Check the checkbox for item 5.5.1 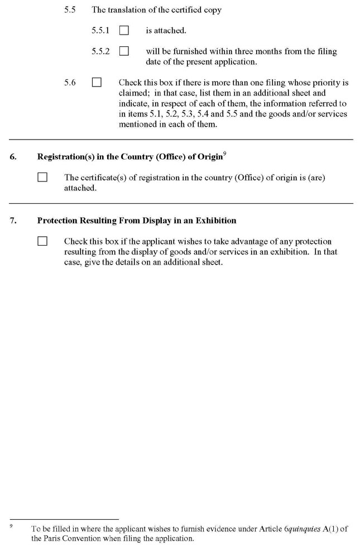(124, 30)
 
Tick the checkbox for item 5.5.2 (124, 51)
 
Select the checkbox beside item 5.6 (97, 82)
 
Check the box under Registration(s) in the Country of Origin (42, 178)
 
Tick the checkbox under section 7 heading (42, 241)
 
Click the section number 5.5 (70, 10)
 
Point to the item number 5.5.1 (101, 30)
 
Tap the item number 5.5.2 (101, 51)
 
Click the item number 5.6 (70, 82)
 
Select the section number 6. (12, 157)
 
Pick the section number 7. (12, 221)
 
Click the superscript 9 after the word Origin (224, 154)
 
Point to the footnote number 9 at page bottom (11, 524)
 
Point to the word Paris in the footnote (56, 539)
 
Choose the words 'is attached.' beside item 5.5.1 (166, 30)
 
